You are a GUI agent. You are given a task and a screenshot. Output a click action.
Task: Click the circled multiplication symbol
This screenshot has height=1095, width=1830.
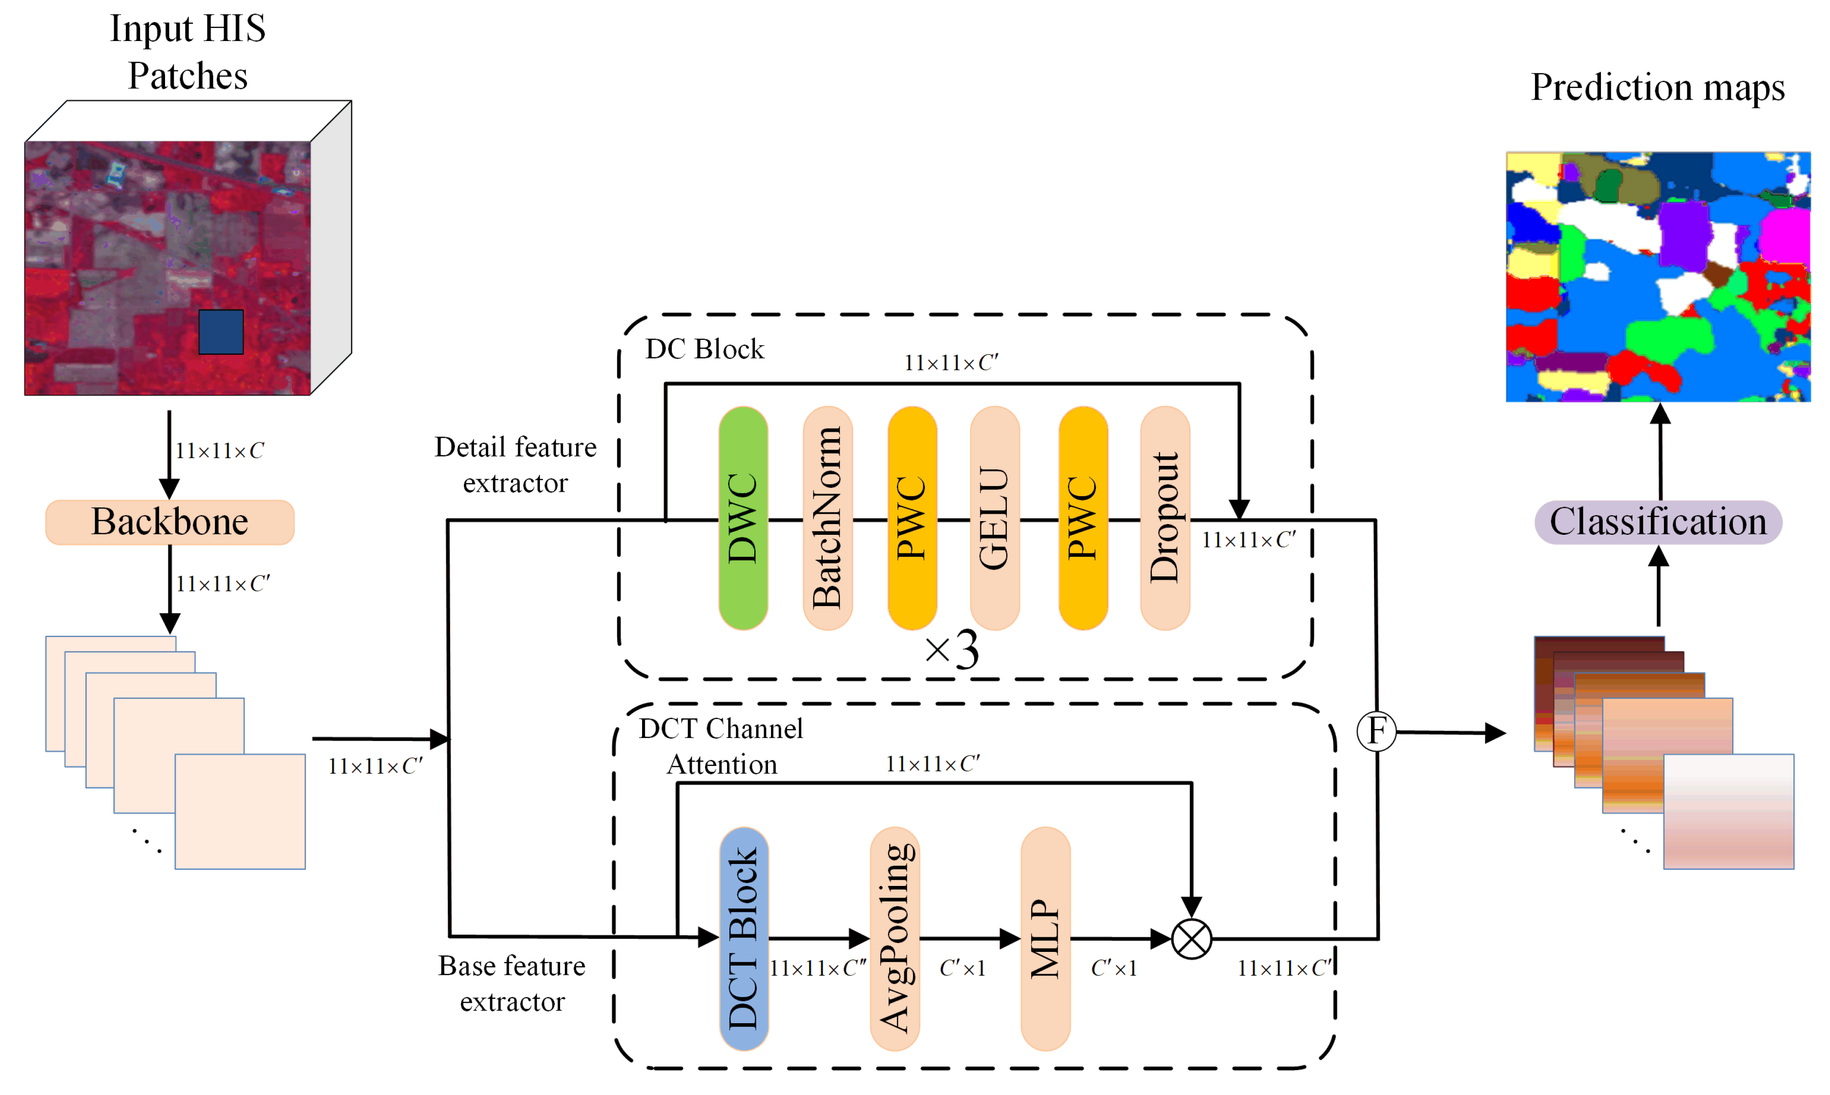tap(1191, 939)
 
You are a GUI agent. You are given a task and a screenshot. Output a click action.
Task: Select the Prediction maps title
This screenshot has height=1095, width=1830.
tap(1658, 87)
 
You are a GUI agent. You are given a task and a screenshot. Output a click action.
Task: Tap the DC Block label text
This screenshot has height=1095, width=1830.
tap(705, 349)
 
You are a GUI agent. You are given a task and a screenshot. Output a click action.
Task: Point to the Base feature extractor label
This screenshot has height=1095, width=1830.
tap(512, 984)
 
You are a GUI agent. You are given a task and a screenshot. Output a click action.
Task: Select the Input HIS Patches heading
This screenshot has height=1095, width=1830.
tap(187, 52)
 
